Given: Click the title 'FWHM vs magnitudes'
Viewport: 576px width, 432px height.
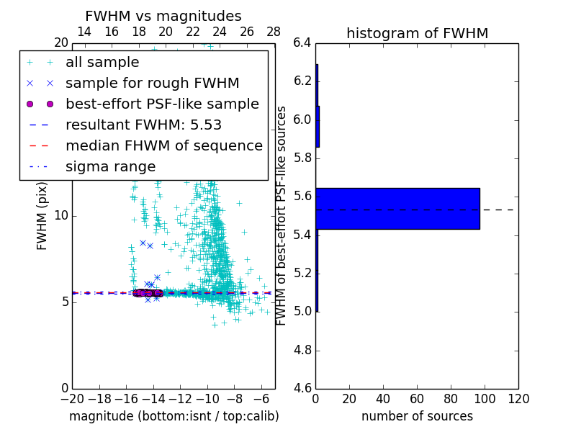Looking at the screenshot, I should [x=163, y=16].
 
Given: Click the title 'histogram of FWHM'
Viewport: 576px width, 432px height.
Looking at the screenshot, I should [x=417, y=33].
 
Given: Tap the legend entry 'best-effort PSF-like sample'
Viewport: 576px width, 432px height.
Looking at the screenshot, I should [x=162, y=104].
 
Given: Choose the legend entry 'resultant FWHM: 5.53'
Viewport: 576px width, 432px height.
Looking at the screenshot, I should [x=143, y=125].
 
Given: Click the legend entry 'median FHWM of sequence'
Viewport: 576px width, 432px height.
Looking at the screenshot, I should [x=163, y=146].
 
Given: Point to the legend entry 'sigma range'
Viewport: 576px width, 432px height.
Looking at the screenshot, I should [x=110, y=167].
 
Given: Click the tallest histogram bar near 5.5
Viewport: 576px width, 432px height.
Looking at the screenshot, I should [x=397, y=209].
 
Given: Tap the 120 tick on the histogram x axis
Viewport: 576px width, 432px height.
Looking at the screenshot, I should [x=518, y=399].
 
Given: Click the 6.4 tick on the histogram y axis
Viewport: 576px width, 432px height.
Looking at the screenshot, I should [x=302, y=42].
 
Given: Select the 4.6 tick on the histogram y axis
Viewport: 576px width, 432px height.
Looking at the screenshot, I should [x=302, y=389].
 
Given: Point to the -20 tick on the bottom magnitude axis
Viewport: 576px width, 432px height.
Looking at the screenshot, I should [x=72, y=399].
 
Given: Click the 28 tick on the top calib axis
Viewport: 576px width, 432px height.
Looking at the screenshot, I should [x=274, y=32].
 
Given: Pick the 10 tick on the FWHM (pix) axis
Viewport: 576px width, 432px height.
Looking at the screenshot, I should [x=61, y=216].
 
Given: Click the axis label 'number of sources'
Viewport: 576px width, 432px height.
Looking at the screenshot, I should [x=417, y=416].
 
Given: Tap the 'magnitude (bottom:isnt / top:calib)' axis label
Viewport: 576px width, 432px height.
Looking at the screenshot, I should [x=174, y=416].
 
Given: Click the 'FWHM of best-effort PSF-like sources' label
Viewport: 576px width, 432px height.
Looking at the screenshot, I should [x=282, y=216].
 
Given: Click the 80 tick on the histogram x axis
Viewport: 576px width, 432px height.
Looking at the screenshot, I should [x=451, y=399].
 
